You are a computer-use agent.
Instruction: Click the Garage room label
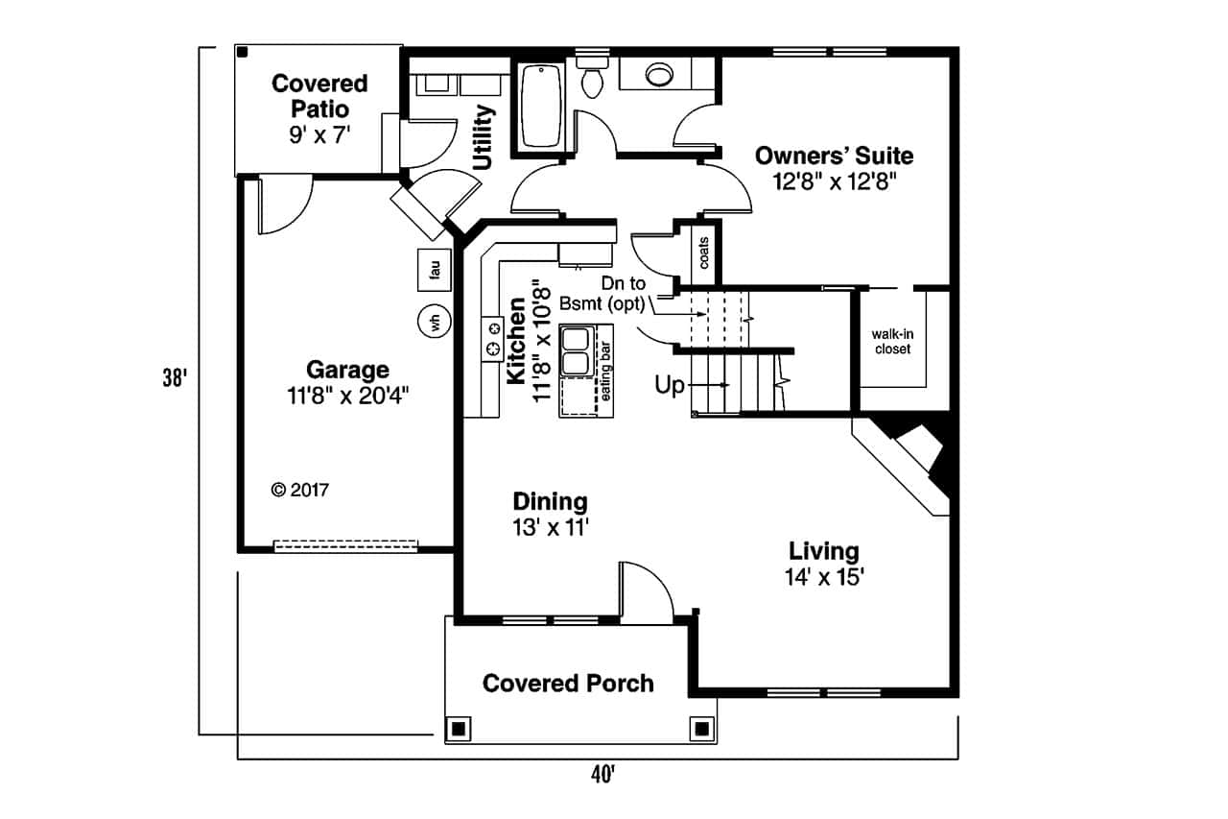click(347, 370)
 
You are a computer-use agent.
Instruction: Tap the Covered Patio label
click(319, 96)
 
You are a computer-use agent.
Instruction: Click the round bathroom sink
click(660, 74)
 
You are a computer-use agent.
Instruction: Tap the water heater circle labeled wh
click(435, 322)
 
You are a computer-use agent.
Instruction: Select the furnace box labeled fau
click(435, 272)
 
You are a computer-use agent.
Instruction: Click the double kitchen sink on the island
click(578, 352)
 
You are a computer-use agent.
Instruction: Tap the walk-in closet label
click(891, 342)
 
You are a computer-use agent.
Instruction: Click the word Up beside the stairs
click(670, 385)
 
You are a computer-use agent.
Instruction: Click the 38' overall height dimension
click(173, 378)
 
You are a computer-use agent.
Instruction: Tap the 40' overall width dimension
click(602, 775)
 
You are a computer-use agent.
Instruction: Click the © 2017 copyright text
click(300, 490)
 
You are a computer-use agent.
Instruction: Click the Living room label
click(824, 551)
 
